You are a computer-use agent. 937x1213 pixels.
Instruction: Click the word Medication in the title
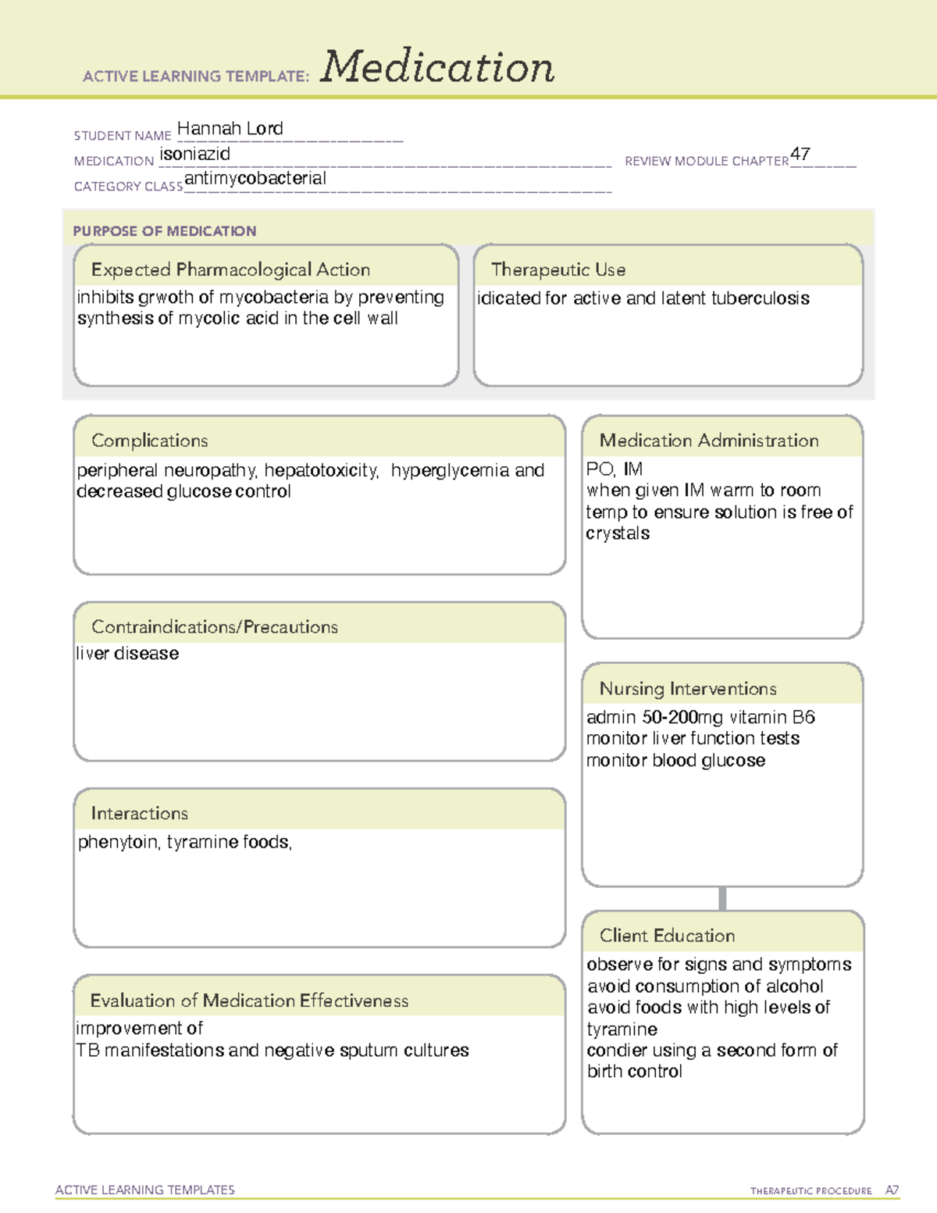pyautogui.click(x=437, y=67)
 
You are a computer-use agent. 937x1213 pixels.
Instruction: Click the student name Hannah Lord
pyautogui.click(x=230, y=129)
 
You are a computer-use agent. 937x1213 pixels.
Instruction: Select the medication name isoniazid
pyautogui.click(x=194, y=155)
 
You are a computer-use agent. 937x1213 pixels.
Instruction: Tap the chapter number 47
pyautogui.click(x=800, y=154)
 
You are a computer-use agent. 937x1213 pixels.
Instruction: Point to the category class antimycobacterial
pyautogui.click(x=255, y=179)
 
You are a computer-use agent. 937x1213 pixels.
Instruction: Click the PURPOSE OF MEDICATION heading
pyautogui.click(x=164, y=231)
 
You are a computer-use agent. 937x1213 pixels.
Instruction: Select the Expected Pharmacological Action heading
pyautogui.click(x=230, y=270)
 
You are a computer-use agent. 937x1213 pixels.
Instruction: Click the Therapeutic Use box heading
pyautogui.click(x=558, y=270)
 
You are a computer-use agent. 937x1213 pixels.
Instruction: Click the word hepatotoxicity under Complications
pyautogui.click(x=320, y=471)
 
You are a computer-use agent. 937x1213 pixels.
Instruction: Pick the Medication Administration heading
pyautogui.click(x=708, y=441)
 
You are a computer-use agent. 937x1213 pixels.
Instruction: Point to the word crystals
pyautogui.click(x=618, y=534)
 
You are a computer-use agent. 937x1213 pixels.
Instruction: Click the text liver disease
pyautogui.click(x=127, y=654)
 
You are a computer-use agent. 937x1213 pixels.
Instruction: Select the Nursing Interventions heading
pyautogui.click(x=687, y=689)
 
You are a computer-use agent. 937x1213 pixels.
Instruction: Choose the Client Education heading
pyautogui.click(x=667, y=936)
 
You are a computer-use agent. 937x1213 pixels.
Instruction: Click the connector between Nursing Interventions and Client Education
pyautogui.click(x=722, y=899)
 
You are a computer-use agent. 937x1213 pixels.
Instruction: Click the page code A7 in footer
pyautogui.click(x=891, y=1190)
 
